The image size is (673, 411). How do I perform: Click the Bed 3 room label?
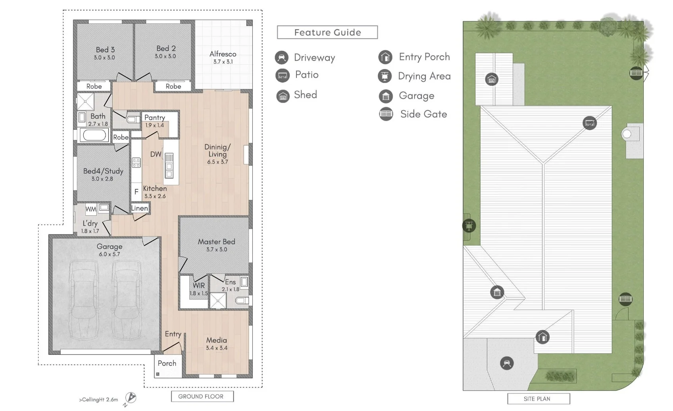click(105, 50)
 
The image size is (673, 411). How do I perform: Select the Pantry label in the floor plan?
click(154, 117)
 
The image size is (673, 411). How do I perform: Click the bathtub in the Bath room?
click(94, 135)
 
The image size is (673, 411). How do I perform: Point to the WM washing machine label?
click(91, 209)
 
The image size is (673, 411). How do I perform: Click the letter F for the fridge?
click(136, 192)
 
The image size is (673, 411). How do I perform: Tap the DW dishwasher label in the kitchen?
click(156, 154)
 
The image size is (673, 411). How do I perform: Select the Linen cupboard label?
click(139, 208)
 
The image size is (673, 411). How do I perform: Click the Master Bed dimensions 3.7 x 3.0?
click(216, 250)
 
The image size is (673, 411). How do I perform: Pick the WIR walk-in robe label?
click(199, 285)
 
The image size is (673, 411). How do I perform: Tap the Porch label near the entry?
click(167, 363)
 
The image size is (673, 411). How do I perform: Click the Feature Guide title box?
click(327, 33)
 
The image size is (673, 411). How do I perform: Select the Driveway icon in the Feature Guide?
click(281, 58)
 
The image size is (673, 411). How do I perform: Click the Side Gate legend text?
click(423, 114)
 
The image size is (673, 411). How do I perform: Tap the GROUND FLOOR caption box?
click(202, 396)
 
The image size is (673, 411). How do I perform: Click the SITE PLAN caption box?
click(538, 399)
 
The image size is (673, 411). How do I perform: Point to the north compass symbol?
click(131, 398)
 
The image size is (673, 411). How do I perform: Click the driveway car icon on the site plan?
click(507, 363)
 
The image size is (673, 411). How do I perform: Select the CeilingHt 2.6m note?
click(99, 399)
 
